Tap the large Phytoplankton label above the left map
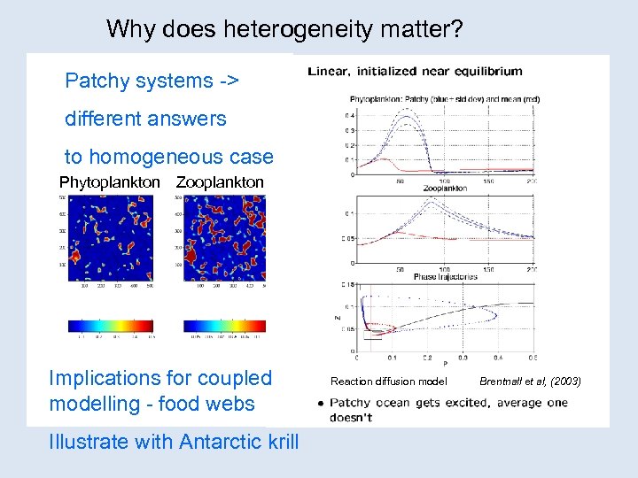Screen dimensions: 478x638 110,182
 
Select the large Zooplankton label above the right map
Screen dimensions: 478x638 220,182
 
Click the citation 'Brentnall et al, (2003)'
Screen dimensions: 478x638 530,382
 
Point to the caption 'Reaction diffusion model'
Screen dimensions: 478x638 388,382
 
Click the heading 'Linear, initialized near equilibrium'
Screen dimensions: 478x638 415,72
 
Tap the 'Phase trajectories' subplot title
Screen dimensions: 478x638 445,277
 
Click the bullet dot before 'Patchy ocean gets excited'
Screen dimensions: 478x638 319,403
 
